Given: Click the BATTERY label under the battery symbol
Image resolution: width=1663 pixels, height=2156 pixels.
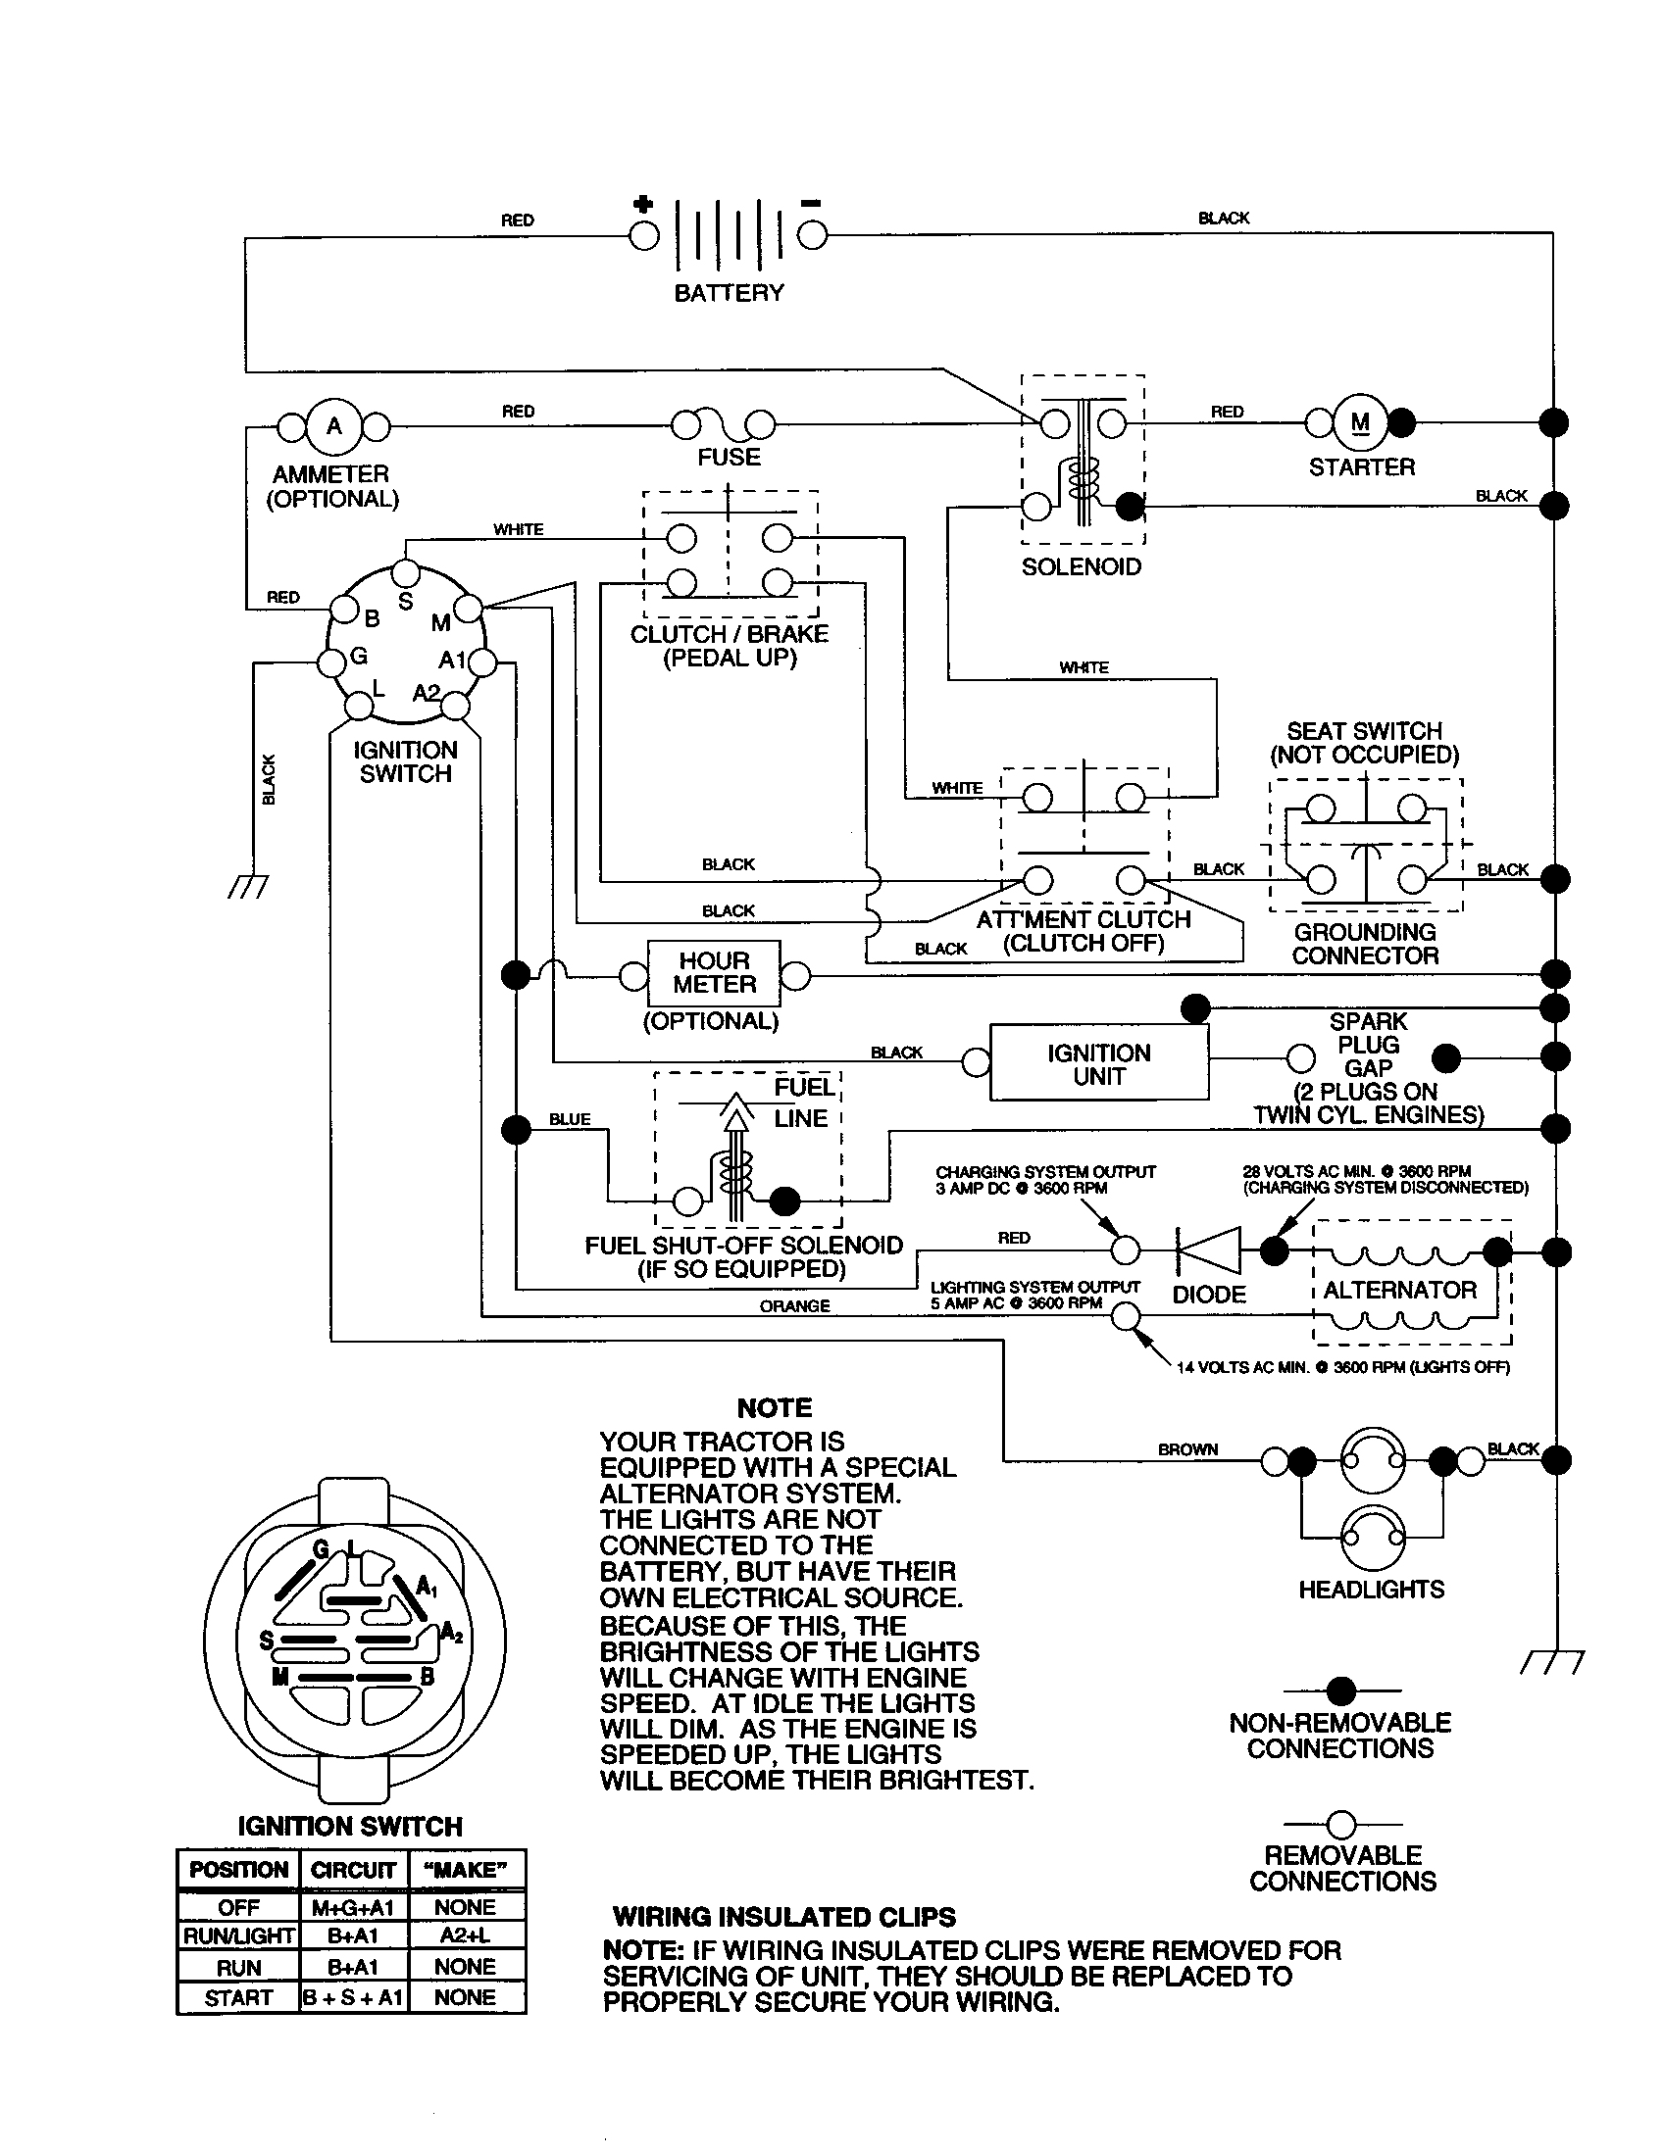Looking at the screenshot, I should [x=728, y=293].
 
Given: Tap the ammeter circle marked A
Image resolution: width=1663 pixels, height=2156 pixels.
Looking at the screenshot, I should [x=333, y=425].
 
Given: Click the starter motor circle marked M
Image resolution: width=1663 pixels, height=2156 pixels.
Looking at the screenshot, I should [x=1360, y=422].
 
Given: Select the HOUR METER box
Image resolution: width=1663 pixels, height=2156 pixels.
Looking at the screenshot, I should [x=713, y=973].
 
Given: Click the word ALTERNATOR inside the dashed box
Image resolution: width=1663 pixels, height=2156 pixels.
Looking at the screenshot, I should [x=1399, y=1291].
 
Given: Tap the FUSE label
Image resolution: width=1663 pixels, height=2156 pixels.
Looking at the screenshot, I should [x=729, y=458].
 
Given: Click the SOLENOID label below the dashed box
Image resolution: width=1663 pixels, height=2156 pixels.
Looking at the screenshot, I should [x=1082, y=567].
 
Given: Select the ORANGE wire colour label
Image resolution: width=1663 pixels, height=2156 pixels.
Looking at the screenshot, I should [x=794, y=1306].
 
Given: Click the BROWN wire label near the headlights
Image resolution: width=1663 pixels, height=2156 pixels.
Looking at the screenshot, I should [x=1188, y=1449].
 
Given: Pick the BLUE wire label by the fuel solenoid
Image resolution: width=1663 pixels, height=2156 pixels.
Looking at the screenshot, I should [x=570, y=1118].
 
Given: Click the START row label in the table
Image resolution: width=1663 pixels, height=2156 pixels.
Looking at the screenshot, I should [x=238, y=1998].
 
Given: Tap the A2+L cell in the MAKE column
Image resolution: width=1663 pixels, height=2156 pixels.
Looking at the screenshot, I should [x=465, y=1935].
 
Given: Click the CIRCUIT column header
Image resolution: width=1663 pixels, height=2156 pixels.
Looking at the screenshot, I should [x=353, y=1871].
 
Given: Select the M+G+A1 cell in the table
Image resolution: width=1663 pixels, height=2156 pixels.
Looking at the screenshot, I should [x=353, y=1907].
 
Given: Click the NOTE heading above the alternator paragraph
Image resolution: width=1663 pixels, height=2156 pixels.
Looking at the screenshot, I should [x=775, y=1407].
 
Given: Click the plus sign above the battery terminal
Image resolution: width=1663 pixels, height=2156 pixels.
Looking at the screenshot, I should [x=643, y=206].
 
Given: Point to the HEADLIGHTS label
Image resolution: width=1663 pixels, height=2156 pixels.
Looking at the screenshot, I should [x=1371, y=1590].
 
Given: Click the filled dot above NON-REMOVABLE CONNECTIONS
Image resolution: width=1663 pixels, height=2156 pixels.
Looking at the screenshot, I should [x=1341, y=1691].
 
